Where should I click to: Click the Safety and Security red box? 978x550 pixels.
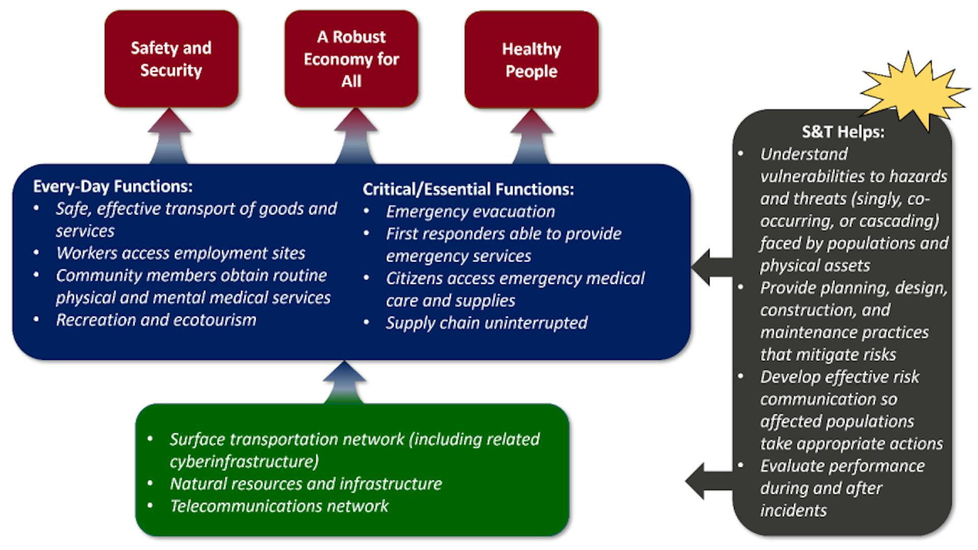(x=171, y=59)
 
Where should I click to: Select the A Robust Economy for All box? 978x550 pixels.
(x=351, y=59)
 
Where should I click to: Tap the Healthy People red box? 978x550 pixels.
(x=531, y=60)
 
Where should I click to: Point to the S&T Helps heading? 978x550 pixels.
(x=843, y=132)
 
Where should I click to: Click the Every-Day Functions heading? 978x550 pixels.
(x=113, y=187)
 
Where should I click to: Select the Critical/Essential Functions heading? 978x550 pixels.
(x=468, y=190)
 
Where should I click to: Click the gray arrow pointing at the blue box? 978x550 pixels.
(x=711, y=267)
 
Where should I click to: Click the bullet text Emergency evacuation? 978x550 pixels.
(x=470, y=212)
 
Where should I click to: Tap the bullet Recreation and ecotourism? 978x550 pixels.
(x=156, y=320)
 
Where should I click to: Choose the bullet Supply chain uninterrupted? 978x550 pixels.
(x=486, y=323)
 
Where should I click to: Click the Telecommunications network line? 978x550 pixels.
(x=279, y=506)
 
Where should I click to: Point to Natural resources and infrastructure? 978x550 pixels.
(x=306, y=484)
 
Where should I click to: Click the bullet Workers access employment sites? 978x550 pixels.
(x=180, y=253)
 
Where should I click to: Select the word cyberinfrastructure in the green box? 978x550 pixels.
(x=244, y=462)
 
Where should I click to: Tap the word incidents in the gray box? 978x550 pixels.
(x=793, y=511)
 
